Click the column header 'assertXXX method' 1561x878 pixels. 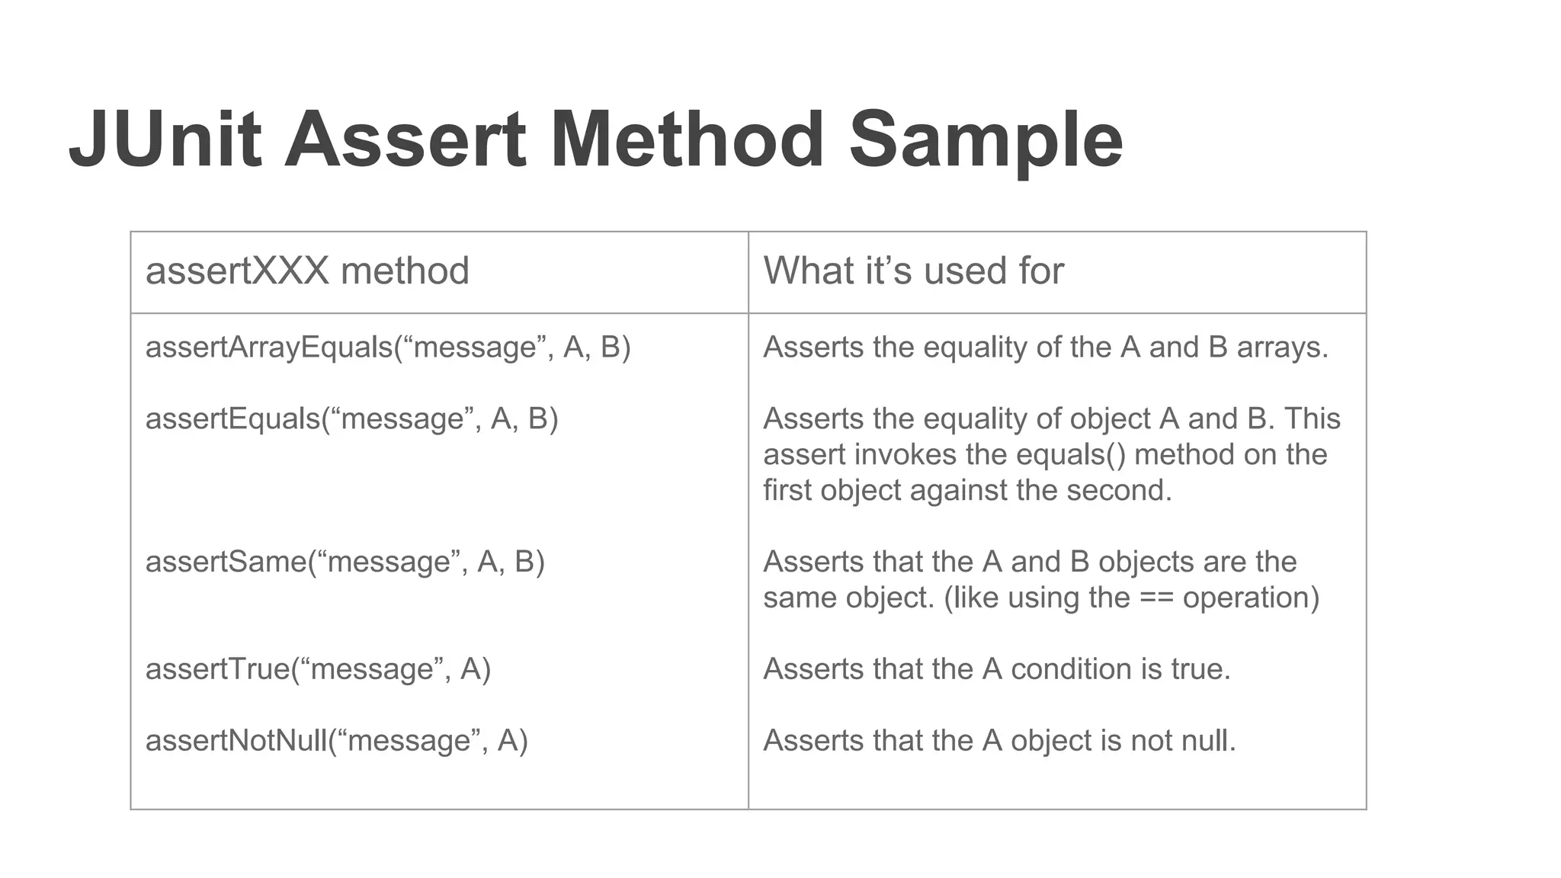tap(307, 271)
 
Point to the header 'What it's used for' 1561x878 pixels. tap(913, 271)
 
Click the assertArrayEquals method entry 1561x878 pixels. tap(388, 348)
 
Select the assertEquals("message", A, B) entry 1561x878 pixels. tap(351, 419)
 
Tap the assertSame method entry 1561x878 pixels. tap(345, 562)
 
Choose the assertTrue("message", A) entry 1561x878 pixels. tap(318, 669)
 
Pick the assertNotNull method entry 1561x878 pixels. tap(336, 741)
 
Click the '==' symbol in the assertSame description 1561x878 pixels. tap(1156, 598)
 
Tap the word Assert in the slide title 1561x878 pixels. tap(405, 140)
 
